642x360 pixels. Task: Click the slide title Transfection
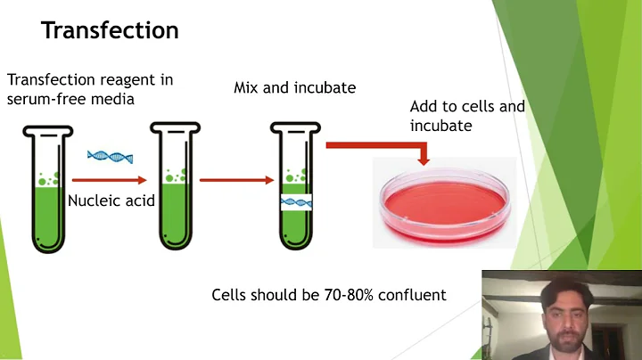(x=111, y=30)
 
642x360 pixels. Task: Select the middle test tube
(x=172, y=187)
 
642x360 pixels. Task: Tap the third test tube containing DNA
(x=295, y=187)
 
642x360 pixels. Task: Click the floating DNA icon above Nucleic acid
(x=110, y=156)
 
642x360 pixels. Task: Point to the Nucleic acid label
(x=111, y=200)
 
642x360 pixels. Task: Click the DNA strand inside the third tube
(x=295, y=202)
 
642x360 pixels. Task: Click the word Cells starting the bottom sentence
(x=230, y=294)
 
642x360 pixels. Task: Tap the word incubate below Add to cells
(x=440, y=126)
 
